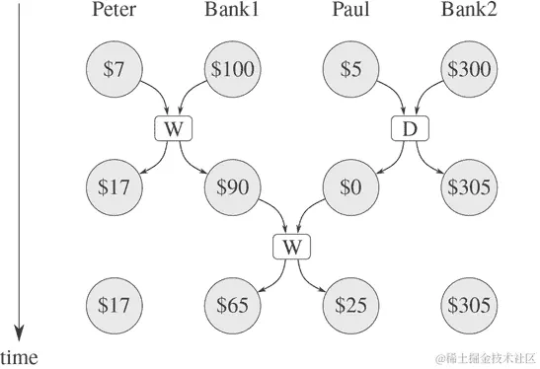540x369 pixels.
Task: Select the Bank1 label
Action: point(232,12)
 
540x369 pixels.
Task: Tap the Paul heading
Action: point(350,12)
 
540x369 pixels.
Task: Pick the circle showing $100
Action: point(232,69)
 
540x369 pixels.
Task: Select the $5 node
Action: point(350,69)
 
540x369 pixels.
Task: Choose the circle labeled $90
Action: point(232,185)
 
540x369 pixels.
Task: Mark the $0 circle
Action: point(350,185)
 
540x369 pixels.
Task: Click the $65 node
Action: point(232,302)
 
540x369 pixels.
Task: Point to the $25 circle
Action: point(350,302)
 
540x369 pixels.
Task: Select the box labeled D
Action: point(409,127)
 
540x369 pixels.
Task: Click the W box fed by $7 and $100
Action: point(172,127)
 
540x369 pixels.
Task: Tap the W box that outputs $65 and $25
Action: point(291,244)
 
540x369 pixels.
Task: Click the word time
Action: point(20,356)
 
